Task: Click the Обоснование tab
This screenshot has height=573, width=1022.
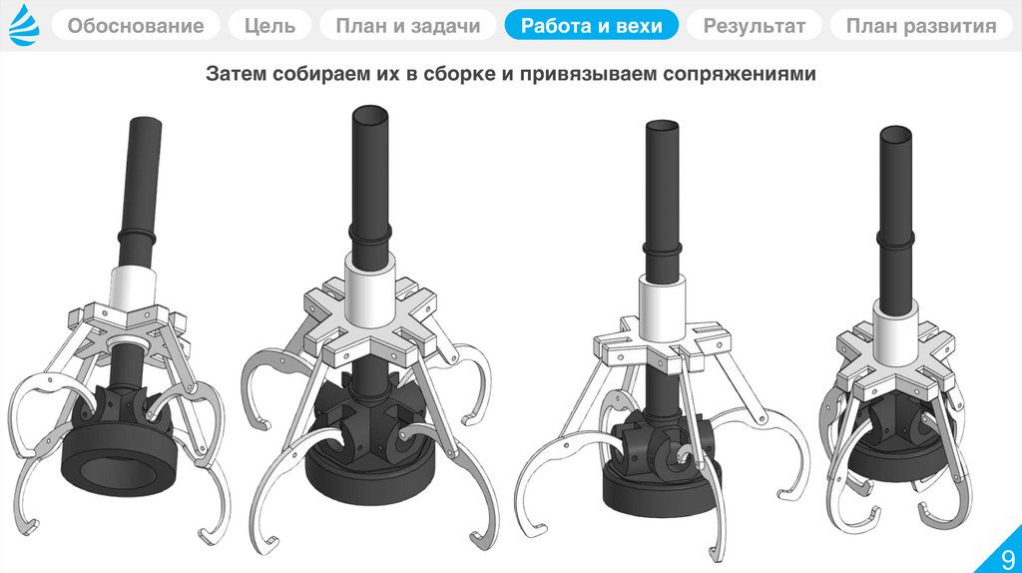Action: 136,25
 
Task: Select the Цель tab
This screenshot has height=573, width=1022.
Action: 269,25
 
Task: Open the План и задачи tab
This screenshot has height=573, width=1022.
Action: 408,25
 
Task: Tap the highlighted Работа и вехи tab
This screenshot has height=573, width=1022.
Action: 592,25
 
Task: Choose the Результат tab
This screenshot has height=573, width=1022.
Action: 755,25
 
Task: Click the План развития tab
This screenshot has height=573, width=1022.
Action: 921,25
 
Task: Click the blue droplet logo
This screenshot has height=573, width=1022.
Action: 25,25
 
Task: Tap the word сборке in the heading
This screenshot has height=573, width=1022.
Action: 460,74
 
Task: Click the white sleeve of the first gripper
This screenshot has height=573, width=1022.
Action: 133,287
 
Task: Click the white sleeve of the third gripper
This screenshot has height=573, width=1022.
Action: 662,307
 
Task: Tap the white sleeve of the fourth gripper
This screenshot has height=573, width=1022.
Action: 896,331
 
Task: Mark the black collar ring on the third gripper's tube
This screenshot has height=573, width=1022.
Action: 663,251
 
